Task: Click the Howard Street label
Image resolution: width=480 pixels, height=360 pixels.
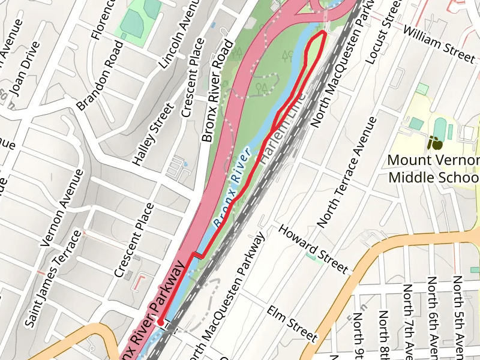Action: [313, 248]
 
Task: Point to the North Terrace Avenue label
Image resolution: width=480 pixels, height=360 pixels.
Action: [348, 172]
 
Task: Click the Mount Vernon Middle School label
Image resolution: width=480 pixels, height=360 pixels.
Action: [434, 169]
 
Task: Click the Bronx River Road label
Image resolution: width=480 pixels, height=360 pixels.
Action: [217, 91]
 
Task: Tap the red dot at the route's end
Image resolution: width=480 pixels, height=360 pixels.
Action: [161, 323]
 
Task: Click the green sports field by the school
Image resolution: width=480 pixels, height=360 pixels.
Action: [440, 127]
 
